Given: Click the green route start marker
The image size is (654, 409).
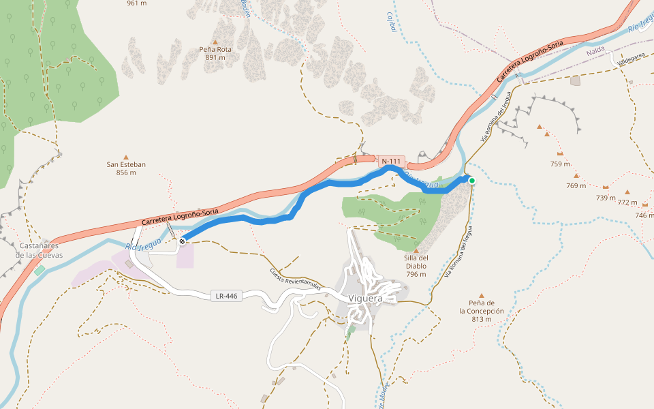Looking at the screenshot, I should pyautogui.click(x=471, y=181).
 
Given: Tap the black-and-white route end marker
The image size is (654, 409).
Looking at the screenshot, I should pyautogui.click(x=182, y=241).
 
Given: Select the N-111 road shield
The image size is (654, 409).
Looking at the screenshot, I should pyautogui.click(x=391, y=162).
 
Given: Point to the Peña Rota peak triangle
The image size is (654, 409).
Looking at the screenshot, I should pyautogui.click(x=215, y=42).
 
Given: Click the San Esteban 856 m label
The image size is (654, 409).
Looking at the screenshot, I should pyautogui.click(x=126, y=168).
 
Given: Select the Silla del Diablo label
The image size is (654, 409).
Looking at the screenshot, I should pyautogui.click(x=416, y=266).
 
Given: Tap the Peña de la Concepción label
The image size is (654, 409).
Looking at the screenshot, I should pyautogui.click(x=481, y=311).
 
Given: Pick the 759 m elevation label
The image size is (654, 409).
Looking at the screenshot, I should pyautogui.click(x=560, y=164).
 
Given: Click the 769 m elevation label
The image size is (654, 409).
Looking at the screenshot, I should pyautogui.click(x=576, y=185).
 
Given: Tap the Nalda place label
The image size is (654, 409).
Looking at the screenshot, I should pyautogui.click(x=595, y=50).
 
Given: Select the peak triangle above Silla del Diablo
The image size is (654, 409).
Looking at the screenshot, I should pyautogui.click(x=416, y=250).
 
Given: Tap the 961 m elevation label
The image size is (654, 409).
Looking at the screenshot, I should pyautogui.click(x=136, y=3).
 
